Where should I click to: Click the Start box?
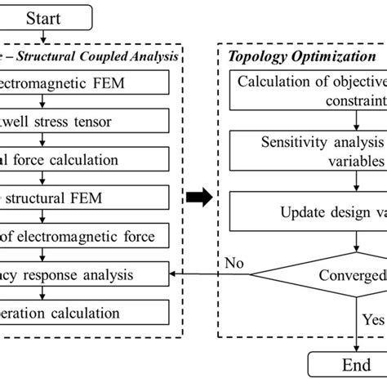(42, 16)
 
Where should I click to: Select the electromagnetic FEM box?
(82, 82)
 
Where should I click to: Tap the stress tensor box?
(82, 120)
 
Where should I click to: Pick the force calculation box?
(82, 159)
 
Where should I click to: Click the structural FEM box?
(82, 198)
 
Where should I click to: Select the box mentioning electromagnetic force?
(82, 236)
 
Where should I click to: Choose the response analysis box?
(82, 274)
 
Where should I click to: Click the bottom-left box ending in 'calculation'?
(82, 312)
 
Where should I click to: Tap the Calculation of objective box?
(310, 91)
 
